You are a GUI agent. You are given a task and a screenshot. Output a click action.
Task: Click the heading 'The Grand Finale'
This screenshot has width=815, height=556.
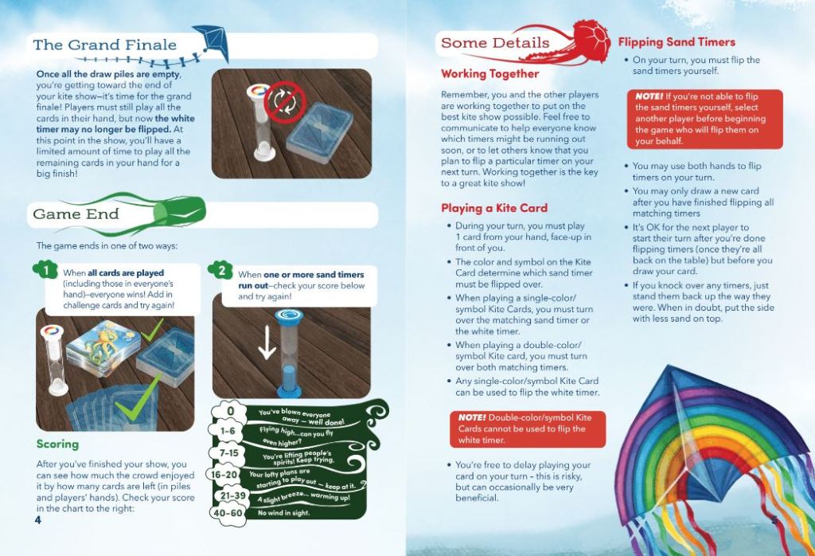(104, 45)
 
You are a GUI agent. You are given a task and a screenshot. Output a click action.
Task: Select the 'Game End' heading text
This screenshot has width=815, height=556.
(76, 213)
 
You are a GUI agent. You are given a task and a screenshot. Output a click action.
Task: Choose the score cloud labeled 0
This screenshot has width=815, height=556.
(229, 411)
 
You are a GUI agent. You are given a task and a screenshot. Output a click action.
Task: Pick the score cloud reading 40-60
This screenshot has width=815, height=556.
(228, 513)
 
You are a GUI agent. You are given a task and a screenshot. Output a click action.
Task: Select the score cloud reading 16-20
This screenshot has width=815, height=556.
(224, 474)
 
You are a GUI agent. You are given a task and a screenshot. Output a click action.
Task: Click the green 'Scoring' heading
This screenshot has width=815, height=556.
(57, 444)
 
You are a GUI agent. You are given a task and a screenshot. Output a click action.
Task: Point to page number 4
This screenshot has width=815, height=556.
(37, 520)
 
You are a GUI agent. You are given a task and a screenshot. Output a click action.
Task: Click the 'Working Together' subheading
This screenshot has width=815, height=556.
(489, 74)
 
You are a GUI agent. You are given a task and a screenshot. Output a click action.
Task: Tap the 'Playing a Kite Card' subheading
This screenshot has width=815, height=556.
(494, 208)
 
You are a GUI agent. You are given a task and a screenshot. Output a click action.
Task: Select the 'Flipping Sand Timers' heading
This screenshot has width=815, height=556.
(677, 42)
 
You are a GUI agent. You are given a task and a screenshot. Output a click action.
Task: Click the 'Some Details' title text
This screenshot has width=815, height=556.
(495, 43)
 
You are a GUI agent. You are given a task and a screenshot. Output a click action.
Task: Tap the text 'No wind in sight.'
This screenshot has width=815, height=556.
(284, 513)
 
